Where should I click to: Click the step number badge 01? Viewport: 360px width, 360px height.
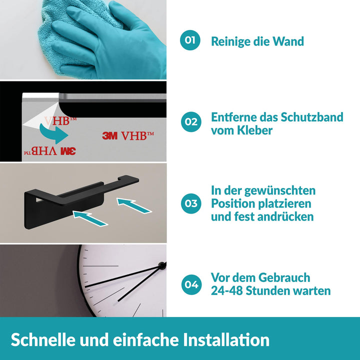click(x=190, y=40)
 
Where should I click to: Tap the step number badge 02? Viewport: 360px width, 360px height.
click(x=191, y=121)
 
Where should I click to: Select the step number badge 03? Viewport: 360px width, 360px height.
click(x=191, y=203)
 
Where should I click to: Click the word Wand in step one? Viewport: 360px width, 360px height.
click(x=288, y=41)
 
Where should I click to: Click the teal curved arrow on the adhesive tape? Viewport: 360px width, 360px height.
click(x=55, y=134)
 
